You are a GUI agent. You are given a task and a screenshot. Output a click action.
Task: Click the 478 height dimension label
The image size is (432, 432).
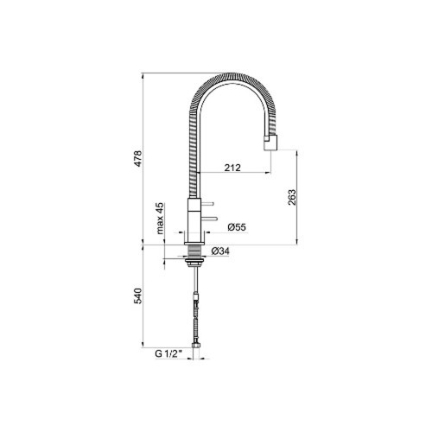click(138, 158)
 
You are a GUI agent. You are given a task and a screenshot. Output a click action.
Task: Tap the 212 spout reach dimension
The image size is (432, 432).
click(232, 168)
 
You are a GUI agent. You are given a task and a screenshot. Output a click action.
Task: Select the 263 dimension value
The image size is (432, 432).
click(292, 197)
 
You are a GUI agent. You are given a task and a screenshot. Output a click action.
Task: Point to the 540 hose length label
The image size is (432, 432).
click(138, 295)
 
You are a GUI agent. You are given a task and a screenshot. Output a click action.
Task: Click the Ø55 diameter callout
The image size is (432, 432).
click(237, 227)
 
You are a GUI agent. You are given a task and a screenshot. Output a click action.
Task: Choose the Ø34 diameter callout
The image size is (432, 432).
click(220, 251)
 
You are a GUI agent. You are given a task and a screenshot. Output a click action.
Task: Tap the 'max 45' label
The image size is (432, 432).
click(160, 219)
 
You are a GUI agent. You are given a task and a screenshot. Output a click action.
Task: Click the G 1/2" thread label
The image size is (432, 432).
click(169, 353)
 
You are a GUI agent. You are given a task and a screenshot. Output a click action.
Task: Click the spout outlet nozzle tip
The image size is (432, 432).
click(270, 143)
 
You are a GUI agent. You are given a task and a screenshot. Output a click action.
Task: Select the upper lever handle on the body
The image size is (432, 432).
click(207, 204)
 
